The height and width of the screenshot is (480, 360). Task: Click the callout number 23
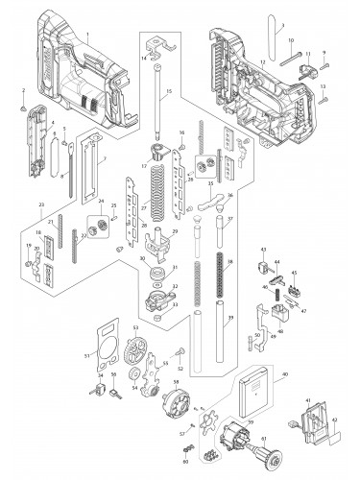[42, 205]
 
